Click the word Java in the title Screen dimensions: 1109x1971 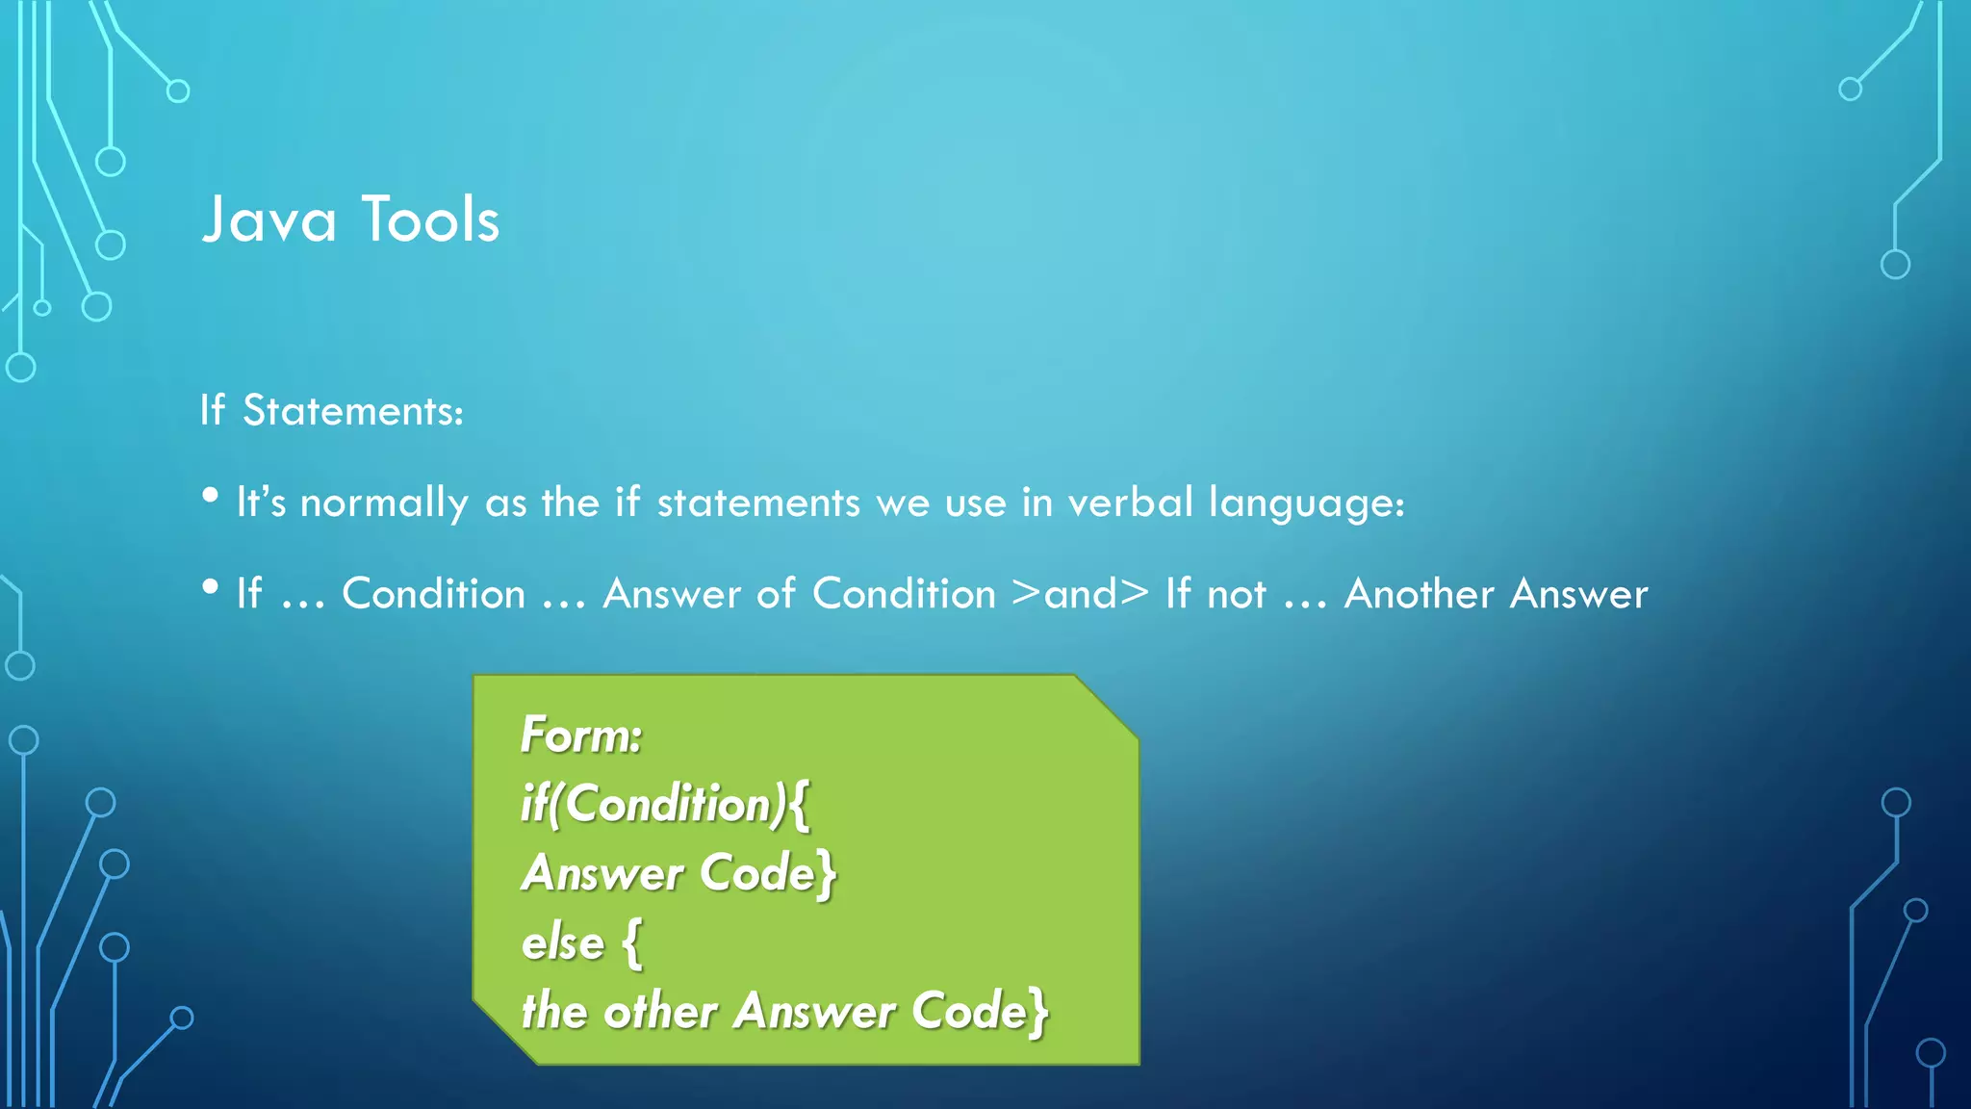coord(269,219)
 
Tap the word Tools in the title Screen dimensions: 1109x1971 coord(430,219)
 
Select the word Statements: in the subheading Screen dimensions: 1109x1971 coord(352,411)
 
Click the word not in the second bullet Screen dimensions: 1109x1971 coord(1237,594)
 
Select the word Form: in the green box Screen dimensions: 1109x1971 coord(580,736)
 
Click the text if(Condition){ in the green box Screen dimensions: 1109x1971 coord(665,805)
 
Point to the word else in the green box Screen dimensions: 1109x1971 coord(563,942)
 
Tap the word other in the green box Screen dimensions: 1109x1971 coord(659,1012)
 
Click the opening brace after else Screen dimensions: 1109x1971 coord(631,943)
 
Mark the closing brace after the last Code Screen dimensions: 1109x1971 coord(1037,1013)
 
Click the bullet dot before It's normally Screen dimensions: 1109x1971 coord(211,496)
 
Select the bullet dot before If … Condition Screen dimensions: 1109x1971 coord(211,587)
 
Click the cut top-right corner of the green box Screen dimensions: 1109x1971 coord(1107,707)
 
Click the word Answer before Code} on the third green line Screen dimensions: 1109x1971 coord(602,874)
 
